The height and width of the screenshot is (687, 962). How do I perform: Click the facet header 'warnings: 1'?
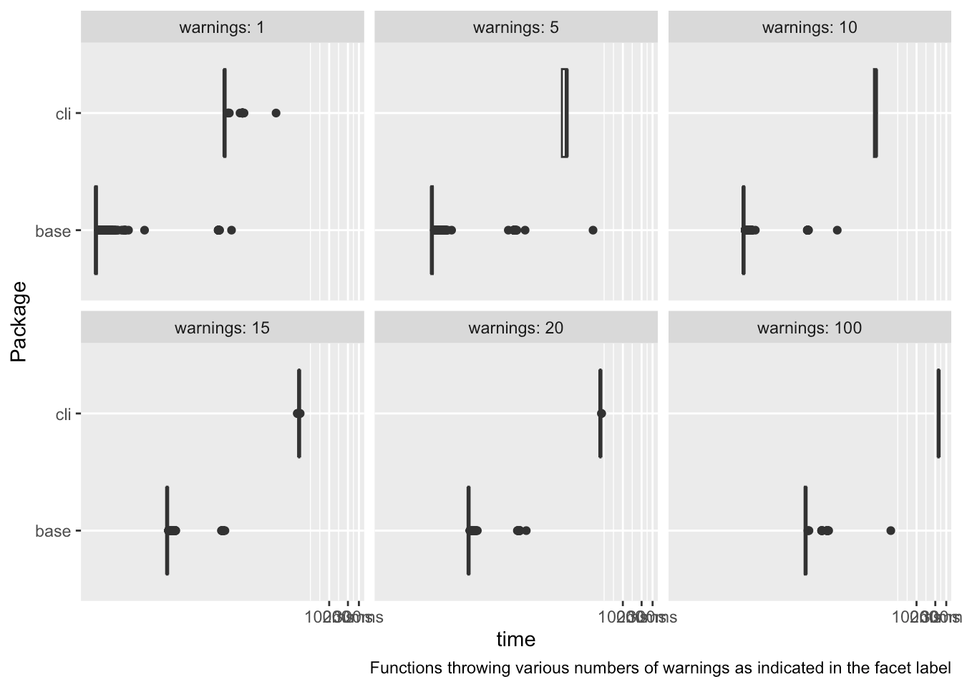tap(222, 28)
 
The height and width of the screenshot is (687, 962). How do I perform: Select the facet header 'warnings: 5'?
tap(515, 28)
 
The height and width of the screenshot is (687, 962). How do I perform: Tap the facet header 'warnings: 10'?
tap(809, 28)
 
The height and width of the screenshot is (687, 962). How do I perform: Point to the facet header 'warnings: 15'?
tap(222, 328)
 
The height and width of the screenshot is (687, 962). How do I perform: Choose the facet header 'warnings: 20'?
tap(515, 328)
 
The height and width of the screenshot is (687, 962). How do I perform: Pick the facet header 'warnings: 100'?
tap(809, 328)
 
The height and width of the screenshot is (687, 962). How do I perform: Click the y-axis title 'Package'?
tap(19, 321)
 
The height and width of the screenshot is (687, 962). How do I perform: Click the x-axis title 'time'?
tap(515, 639)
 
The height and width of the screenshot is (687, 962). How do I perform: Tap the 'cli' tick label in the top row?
tap(63, 114)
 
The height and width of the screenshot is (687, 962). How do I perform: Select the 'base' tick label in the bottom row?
tap(53, 531)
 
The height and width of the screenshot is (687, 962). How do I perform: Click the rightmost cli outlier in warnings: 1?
tap(276, 113)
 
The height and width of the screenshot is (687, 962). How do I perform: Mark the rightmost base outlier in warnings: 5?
tap(593, 230)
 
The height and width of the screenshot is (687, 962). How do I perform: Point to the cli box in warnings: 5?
tap(564, 113)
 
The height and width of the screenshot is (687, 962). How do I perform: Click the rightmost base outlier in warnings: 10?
tap(837, 230)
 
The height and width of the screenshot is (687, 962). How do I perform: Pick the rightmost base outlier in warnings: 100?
tap(890, 530)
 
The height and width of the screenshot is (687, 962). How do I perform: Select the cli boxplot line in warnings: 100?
tap(938, 413)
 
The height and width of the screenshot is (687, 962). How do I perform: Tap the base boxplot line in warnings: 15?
tap(167, 530)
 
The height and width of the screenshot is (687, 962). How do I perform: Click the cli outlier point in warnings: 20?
tap(601, 413)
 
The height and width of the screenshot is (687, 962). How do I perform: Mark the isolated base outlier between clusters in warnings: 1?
tap(145, 230)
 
